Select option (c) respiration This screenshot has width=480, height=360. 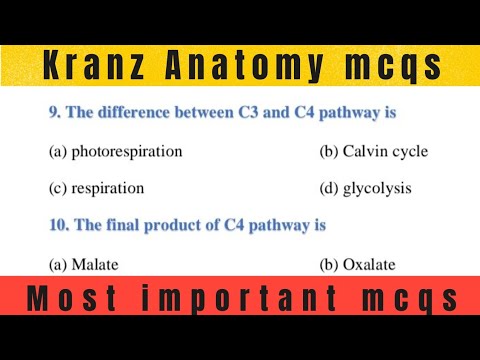(x=97, y=188)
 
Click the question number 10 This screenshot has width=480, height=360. (x=57, y=226)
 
